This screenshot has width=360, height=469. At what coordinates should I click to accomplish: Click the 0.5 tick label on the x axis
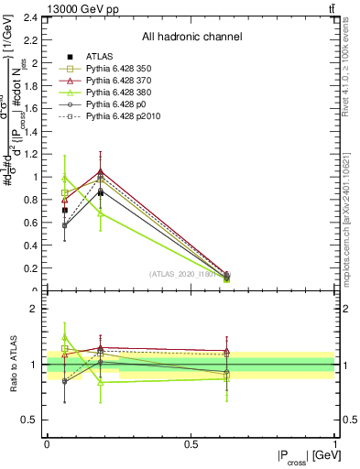pyautogui.click(x=191, y=442)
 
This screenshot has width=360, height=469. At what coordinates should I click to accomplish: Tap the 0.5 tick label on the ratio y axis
pyautogui.click(x=30, y=420)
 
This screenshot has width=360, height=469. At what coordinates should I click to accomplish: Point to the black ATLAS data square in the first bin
pyautogui.click(x=64, y=210)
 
